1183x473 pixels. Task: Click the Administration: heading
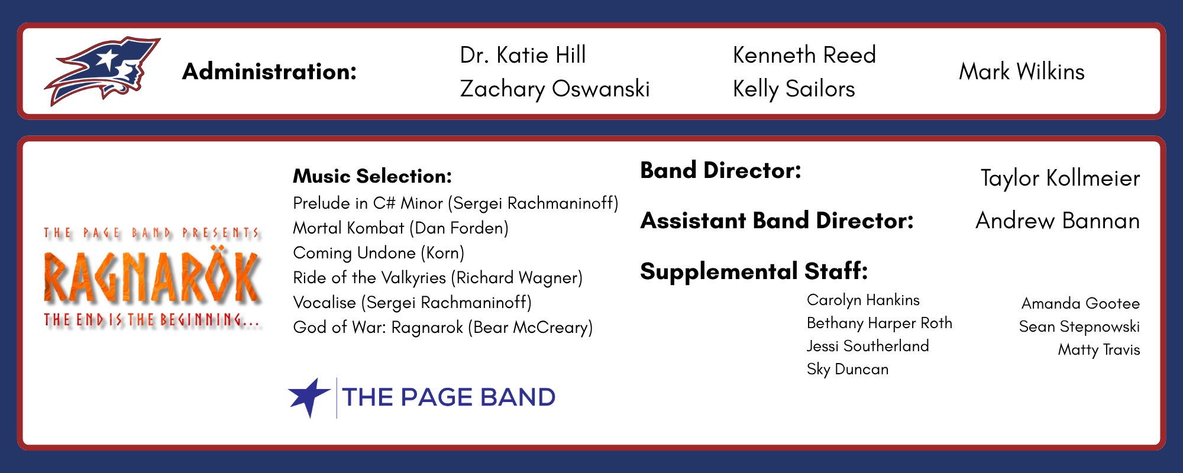tap(270, 72)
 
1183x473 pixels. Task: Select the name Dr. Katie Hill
tap(523, 55)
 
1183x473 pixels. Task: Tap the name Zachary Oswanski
tap(555, 89)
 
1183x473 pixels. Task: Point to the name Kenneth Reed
tap(804, 55)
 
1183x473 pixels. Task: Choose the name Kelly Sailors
tap(794, 89)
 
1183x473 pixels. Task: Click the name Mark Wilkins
tap(1022, 72)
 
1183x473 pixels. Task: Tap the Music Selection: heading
tap(373, 176)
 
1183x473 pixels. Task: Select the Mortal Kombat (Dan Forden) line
tap(401, 228)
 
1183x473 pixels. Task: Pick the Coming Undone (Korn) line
tap(379, 253)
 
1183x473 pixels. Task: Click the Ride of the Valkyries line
tap(438, 278)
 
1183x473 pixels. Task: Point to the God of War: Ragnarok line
tap(443, 328)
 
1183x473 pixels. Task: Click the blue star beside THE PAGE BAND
tap(309, 397)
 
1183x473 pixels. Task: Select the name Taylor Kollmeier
tap(1060, 178)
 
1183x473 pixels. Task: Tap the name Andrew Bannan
tap(1058, 221)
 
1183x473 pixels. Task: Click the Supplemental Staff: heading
tap(754, 271)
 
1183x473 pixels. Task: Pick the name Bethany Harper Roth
tap(880, 323)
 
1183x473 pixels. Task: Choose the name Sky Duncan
tap(848, 370)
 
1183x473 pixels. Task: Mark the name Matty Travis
tap(1099, 350)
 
